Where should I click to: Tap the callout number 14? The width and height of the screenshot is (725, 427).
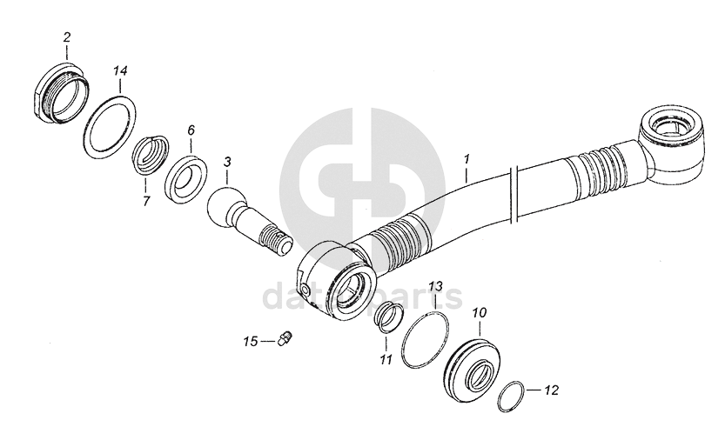coord(121,69)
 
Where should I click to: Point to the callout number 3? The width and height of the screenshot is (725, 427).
coord(227,161)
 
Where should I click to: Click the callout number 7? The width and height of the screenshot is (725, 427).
coord(146,201)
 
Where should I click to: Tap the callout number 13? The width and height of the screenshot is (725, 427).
coord(436,285)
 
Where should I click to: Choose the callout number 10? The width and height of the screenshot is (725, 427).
coord(480,311)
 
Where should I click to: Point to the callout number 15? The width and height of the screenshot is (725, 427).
coord(251,342)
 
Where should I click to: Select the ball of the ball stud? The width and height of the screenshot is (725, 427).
coord(224,206)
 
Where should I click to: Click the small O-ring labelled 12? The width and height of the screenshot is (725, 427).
coord(514,397)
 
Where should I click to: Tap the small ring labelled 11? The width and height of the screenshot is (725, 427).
coord(386,319)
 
